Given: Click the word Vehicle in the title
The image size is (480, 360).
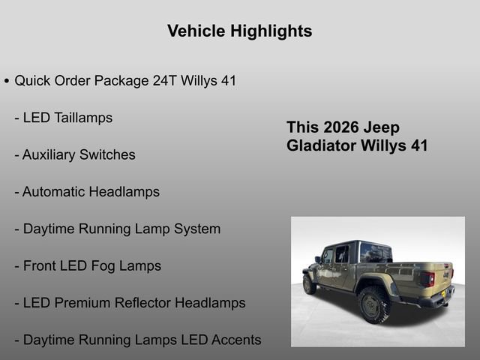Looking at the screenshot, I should pos(195,31).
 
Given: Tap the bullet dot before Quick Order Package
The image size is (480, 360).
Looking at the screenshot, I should pos(7,81).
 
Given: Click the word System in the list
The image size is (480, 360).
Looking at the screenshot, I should pos(197,229).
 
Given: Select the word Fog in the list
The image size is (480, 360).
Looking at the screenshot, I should pos(103,265).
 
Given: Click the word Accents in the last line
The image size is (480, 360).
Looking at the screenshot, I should pos(236,340).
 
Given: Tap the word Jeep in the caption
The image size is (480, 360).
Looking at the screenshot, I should pos(384,127).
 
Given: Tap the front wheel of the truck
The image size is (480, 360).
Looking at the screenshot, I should pos(309,283).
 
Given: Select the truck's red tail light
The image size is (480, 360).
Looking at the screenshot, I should pos(427,279).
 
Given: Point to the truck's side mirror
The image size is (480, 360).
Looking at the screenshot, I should pos(318,260).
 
